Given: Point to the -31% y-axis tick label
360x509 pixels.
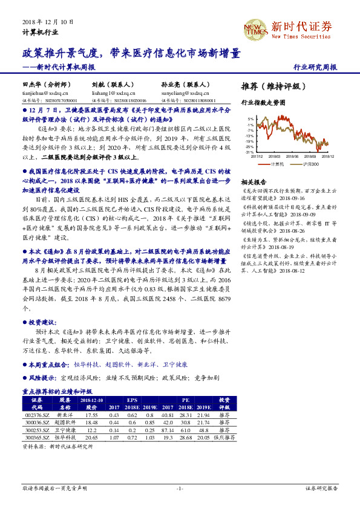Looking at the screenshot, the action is point(249,152).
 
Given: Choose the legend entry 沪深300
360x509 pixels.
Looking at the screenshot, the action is point(310,164).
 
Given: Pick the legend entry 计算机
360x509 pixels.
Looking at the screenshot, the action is point(277,164).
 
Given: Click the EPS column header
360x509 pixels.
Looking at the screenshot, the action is point(131,400).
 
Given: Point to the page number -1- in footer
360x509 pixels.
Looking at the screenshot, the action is point(180,488).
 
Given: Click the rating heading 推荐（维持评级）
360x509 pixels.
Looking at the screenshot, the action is point(270,86).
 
